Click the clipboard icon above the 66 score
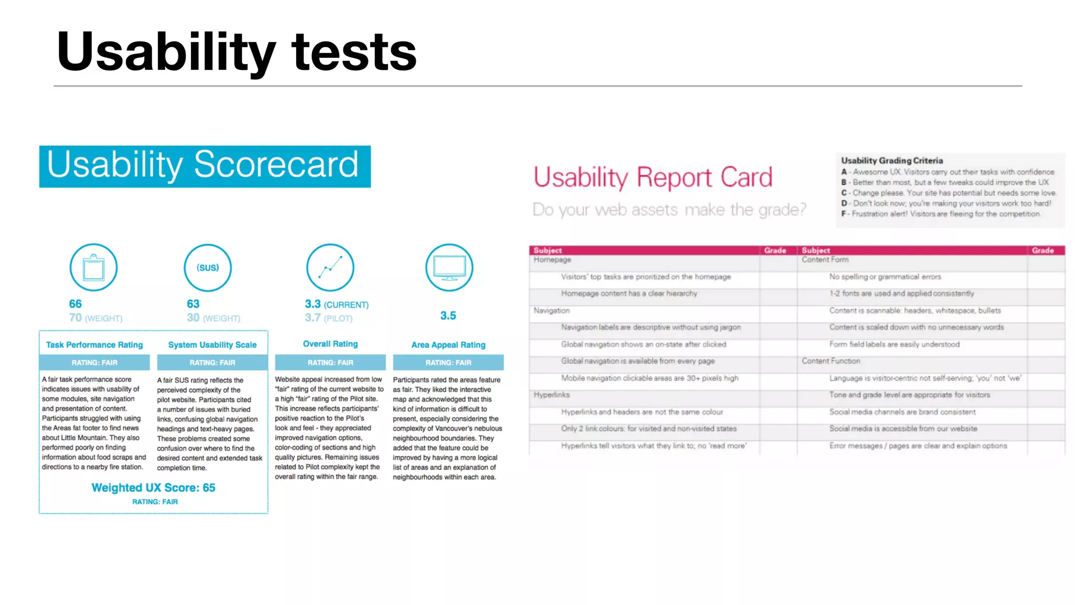click(x=93, y=267)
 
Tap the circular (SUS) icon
click(x=207, y=267)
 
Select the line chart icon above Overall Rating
click(x=330, y=267)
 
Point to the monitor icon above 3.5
click(x=449, y=267)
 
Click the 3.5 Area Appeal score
click(x=448, y=316)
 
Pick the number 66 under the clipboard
click(x=75, y=304)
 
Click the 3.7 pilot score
click(x=313, y=318)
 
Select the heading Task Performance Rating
click(x=94, y=345)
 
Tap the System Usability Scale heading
click(x=212, y=345)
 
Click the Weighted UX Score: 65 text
click(x=153, y=488)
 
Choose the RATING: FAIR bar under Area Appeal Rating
click(x=448, y=362)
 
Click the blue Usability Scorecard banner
click(x=205, y=166)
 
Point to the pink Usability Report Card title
click(x=653, y=178)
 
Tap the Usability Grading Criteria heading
click(x=892, y=161)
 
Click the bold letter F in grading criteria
click(x=844, y=214)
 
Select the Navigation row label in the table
click(x=552, y=311)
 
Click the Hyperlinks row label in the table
click(x=552, y=395)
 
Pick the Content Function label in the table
click(x=831, y=361)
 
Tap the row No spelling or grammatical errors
click(x=885, y=277)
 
